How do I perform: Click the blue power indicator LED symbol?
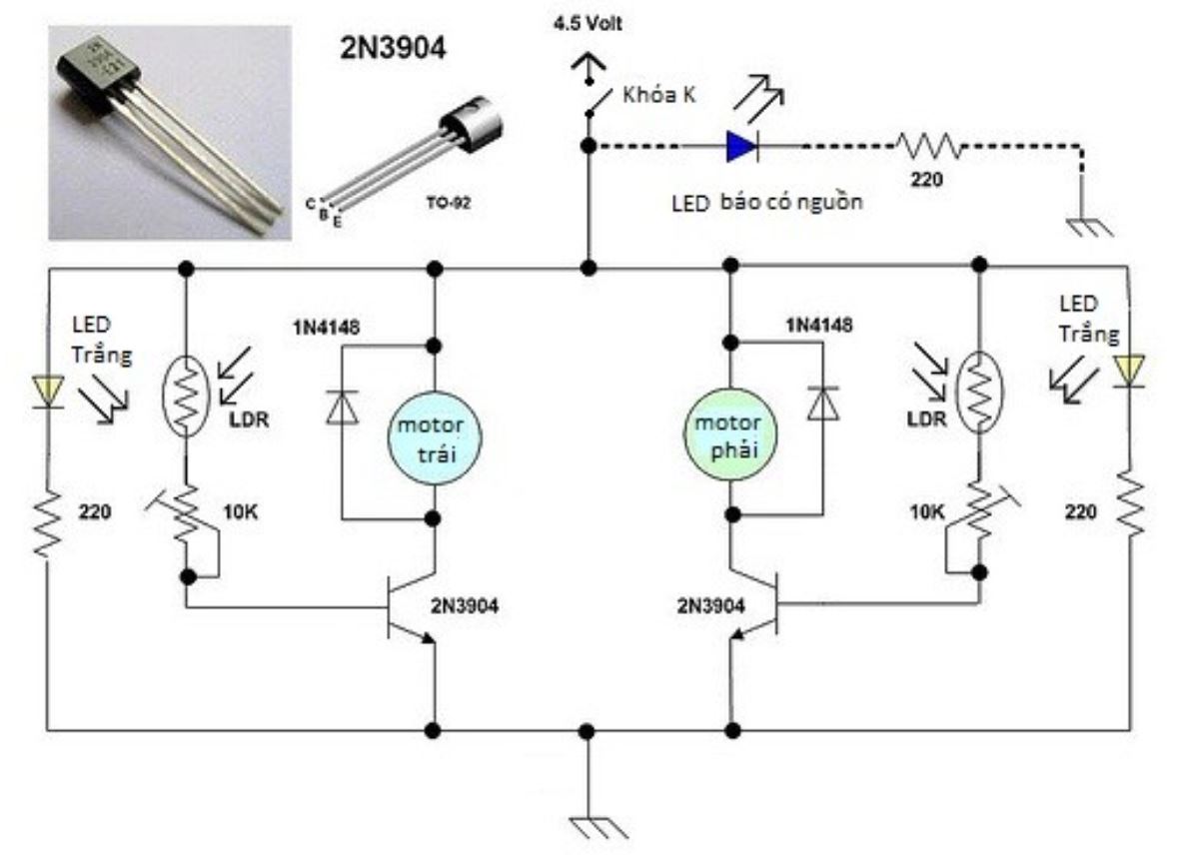pos(741,147)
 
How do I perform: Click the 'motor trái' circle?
pos(435,438)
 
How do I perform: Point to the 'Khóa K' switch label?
pos(658,96)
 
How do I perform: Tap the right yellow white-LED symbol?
pos(1129,371)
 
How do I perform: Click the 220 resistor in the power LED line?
pos(929,147)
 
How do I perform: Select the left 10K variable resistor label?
pos(239,512)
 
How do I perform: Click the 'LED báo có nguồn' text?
pos(765,202)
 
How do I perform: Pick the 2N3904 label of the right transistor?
pos(710,604)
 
